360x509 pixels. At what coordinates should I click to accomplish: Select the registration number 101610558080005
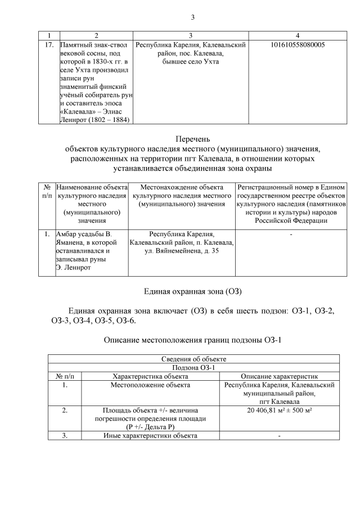point(297,44)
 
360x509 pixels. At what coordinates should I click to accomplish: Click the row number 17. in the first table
point(49,44)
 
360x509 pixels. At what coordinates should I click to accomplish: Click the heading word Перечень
point(192,139)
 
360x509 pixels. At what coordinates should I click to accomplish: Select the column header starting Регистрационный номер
point(291,187)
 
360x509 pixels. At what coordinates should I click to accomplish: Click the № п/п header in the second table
point(47,191)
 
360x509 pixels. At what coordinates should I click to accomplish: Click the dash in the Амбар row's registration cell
point(291,233)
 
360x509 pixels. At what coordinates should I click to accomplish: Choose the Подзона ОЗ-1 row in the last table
point(193,368)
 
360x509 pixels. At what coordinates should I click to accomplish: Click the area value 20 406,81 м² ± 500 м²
point(280,411)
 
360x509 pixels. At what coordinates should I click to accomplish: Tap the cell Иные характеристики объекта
point(150,436)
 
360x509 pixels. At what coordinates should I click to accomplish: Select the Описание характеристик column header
point(280,376)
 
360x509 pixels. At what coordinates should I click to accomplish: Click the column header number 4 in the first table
point(297,34)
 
